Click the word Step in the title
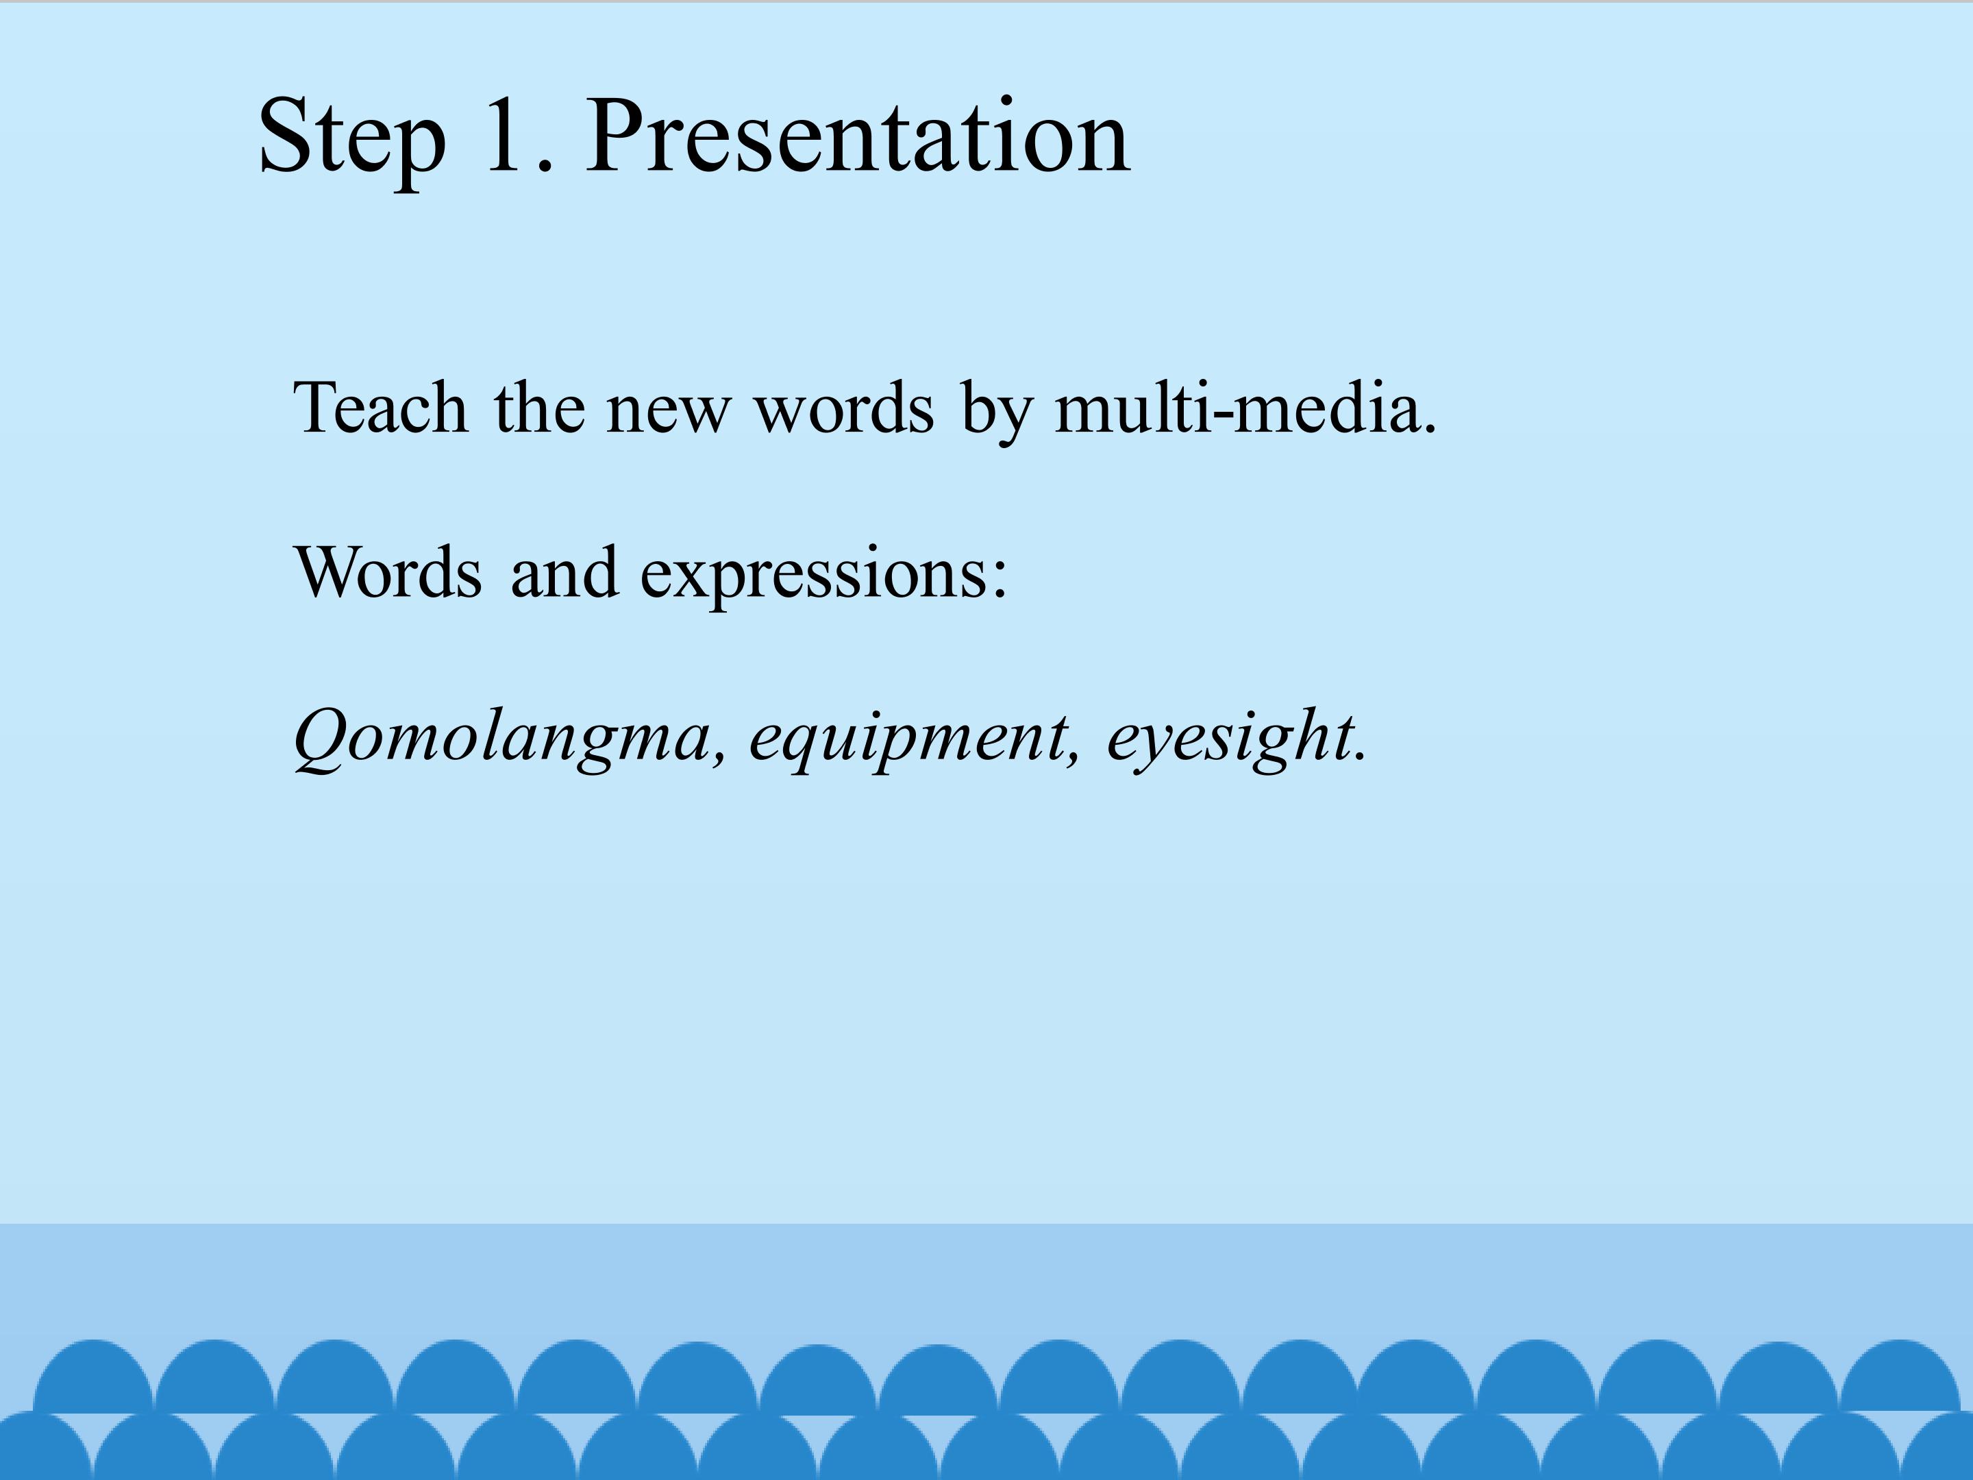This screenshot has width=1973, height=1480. pos(352,138)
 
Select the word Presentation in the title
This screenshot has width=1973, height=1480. pos(858,134)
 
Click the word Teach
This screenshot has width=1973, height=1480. pos(381,408)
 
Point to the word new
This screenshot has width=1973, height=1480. pos(668,414)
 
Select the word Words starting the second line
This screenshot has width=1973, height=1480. pos(388,572)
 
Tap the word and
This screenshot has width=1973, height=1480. pos(564,572)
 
